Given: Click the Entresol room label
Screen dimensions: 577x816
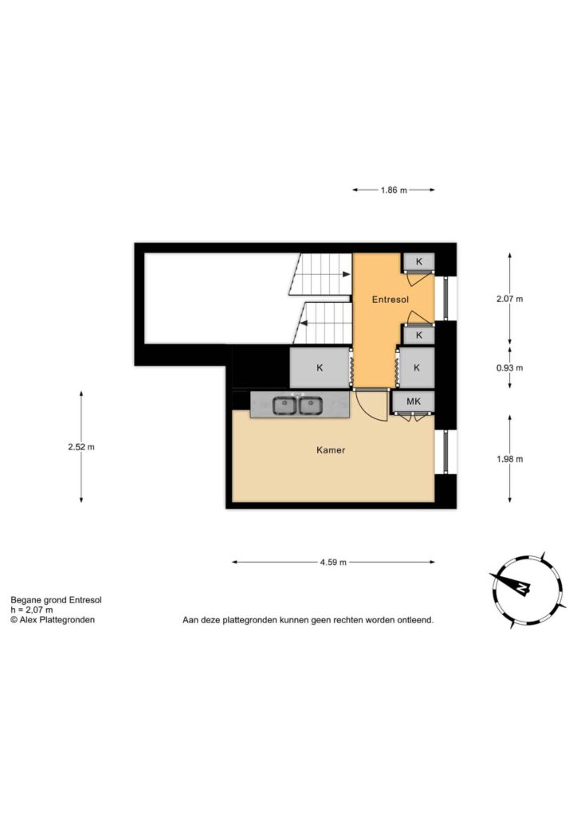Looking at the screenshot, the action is coord(391,300).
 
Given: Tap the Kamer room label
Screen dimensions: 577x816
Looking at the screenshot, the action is coord(331,449).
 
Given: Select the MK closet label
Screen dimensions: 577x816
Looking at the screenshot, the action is coord(414,402).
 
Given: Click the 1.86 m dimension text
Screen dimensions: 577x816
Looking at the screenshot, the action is coord(394,190).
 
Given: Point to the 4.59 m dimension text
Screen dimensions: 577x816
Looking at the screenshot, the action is coord(333,562).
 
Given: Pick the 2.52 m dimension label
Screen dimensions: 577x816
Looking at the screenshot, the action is coord(81,446).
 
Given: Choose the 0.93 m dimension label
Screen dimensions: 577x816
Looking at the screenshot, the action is coord(510,367).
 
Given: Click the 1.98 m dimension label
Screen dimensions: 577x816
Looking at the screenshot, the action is coord(510,459).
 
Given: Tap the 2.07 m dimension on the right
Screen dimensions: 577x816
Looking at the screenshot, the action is coord(510,299).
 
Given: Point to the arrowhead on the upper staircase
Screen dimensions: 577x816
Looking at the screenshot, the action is coord(347,274).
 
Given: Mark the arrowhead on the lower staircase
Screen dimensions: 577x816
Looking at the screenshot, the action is coord(304,324).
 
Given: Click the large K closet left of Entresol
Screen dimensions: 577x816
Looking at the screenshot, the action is coord(320,367).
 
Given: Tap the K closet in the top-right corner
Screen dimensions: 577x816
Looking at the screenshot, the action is coord(419,261).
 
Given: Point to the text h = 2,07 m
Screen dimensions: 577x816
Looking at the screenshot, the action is coord(32,610).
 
